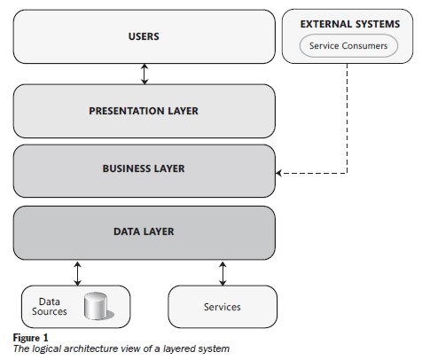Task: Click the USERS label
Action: pos(144,36)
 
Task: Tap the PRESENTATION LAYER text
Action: pos(144,111)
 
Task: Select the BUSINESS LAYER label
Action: pos(144,168)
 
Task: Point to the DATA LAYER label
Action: pos(144,231)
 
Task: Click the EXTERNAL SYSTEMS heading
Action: pos(350,24)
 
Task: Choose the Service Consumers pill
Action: pos(348,46)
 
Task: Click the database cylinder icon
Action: pos(98,306)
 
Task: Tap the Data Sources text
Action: pos(50,307)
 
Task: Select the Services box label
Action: pos(223,307)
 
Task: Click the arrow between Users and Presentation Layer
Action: pos(145,74)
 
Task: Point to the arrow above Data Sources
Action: pos(77,273)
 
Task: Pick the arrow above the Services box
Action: pos(223,273)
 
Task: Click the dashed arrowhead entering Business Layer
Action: pos(278,173)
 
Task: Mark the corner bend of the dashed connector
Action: pos(347,173)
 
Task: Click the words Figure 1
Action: pos(30,338)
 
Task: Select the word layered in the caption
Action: pos(179,349)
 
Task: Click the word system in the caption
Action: pos(214,349)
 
